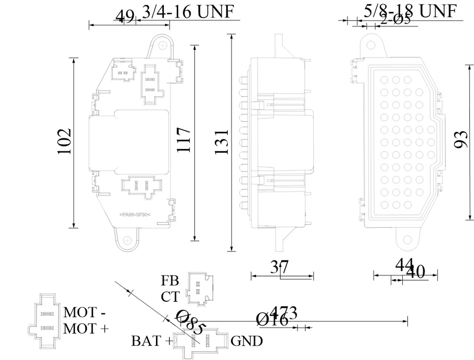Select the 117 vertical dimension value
pos(184,140)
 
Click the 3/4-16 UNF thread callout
pos(188,12)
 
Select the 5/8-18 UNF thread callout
pos(410,11)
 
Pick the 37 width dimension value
pos(280,267)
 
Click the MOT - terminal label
pos(85,312)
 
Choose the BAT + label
pos(152,341)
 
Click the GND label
pos(247,341)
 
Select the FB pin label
pos(170,280)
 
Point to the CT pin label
pos(170,296)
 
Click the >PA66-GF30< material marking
pos(135,215)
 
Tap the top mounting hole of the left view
pos(163,44)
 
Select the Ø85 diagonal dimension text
pos(190,322)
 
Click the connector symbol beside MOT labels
pos(44,321)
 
